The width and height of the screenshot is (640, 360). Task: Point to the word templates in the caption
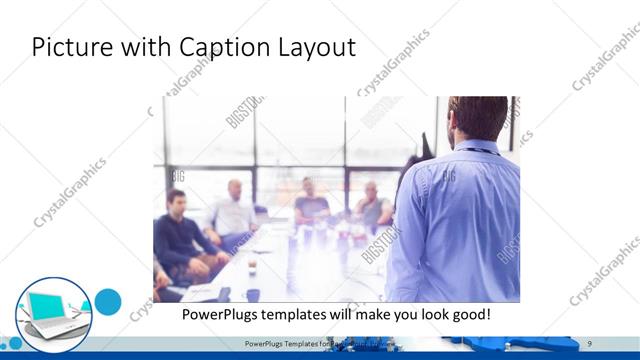click(301, 314)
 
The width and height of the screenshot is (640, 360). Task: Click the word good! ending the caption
click(467, 314)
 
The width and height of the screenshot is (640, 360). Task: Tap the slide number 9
click(590, 343)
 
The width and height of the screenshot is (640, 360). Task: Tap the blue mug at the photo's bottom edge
click(253, 295)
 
